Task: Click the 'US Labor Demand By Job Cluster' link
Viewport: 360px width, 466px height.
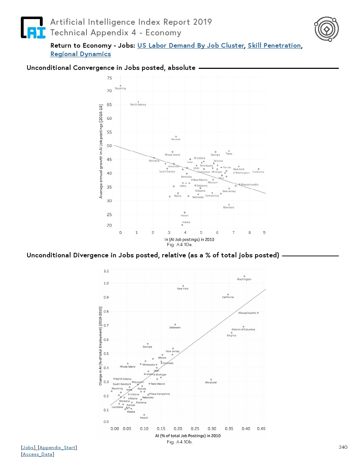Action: (x=191, y=46)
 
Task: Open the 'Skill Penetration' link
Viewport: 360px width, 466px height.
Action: (x=274, y=46)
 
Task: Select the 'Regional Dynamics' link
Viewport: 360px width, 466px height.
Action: (x=80, y=54)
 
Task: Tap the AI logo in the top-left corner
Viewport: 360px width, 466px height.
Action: (x=33, y=28)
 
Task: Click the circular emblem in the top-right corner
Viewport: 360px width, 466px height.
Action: (x=326, y=29)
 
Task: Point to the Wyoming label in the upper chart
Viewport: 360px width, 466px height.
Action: (x=120, y=89)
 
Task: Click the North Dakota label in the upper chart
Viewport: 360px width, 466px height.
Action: (x=138, y=104)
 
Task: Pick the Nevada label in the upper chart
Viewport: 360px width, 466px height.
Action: (x=176, y=139)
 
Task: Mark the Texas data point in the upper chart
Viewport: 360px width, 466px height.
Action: (x=229, y=151)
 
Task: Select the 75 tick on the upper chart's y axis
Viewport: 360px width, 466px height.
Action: (x=109, y=78)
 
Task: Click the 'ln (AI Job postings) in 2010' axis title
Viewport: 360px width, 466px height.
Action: (x=189, y=239)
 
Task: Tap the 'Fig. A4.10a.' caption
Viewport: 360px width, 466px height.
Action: (x=180, y=245)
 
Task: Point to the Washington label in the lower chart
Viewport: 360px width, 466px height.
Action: (x=244, y=279)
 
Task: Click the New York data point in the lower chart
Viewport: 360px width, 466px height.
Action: (x=183, y=286)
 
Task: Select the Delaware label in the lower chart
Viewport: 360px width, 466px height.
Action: (x=175, y=328)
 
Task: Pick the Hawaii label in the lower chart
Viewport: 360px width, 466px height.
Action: (x=144, y=418)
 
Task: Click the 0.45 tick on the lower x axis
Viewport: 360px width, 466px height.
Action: (x=261, y=429)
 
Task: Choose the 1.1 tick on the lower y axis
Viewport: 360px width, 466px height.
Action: (x=106, y=271)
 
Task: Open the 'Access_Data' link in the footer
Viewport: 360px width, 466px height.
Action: (x=37, y=454)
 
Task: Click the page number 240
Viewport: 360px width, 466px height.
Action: (x=343, y=447)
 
